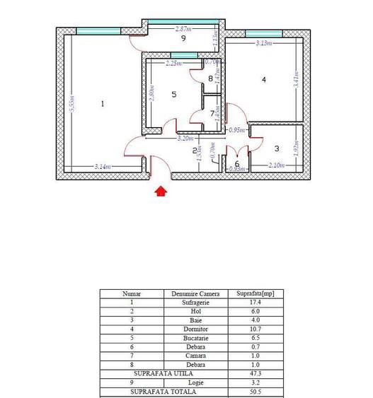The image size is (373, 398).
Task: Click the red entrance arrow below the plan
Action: click(x=161, y=190)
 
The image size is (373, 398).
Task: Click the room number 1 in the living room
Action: click(x=103, y=104)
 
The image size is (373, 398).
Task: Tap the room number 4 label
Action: click(x=264, y=80)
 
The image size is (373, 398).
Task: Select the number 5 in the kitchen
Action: click(x=173, y=93)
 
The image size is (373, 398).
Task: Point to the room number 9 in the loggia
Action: click(x=183, y=39)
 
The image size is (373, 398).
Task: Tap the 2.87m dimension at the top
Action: click(x=184, y=29)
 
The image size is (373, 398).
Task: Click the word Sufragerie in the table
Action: click(x=195, y=302)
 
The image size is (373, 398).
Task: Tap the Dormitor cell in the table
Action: click(x=195, y=329)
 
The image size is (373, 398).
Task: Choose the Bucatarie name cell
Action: click(x=195, y=338)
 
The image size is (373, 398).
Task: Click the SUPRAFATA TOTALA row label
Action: click(x=163, y=391)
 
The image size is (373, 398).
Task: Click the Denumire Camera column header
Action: click(x=195, y=293)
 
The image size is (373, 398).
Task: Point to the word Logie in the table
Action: click(x=195, y=382)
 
